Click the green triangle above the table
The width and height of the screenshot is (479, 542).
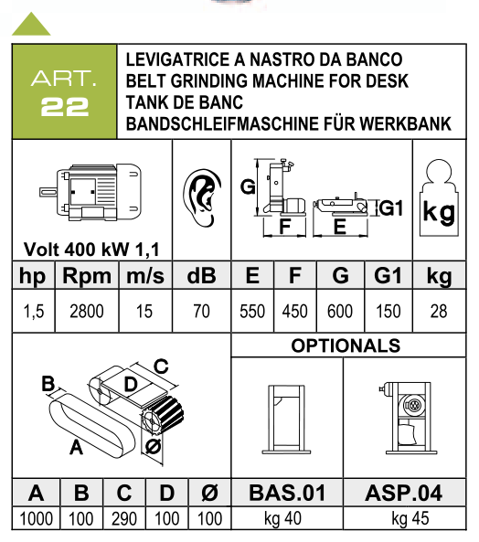[31, 26]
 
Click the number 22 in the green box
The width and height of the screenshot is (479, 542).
[65, 106]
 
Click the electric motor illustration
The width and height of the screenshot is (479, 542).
[90, 192]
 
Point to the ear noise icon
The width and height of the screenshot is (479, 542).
[202, 197]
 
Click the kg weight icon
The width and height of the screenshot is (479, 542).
[439, 197]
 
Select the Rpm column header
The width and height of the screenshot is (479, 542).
[87, 276]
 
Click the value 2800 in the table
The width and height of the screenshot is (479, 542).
[87, 311]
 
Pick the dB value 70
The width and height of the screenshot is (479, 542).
[201, 311]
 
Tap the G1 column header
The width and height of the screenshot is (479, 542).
[388, 275]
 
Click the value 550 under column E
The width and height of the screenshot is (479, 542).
[252, 311]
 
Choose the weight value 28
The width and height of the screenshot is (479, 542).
[439, 311]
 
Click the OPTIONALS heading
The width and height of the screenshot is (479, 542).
[346, 345]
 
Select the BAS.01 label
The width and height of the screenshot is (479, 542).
[287, 493]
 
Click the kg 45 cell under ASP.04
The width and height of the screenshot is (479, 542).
[410, 519]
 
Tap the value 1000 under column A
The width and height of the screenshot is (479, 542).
[36, 519]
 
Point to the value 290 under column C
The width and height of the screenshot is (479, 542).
[124, 519]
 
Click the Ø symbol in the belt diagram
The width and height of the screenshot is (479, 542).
[153, 447]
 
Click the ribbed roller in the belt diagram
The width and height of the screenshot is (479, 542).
[163, 416]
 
